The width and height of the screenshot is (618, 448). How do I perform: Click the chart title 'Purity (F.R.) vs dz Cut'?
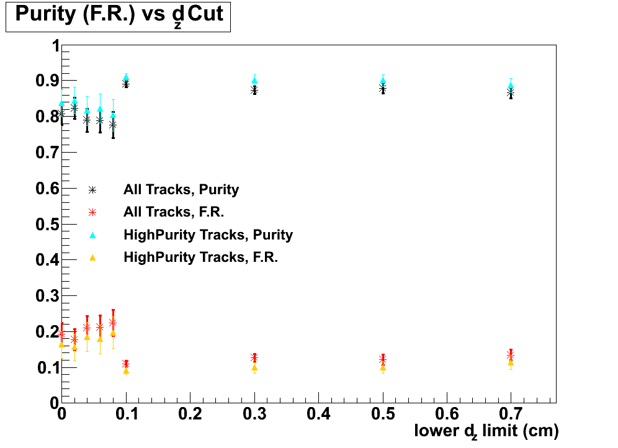click(x=119, y=16)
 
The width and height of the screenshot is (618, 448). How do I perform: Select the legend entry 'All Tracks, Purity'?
click(x=181, y=189)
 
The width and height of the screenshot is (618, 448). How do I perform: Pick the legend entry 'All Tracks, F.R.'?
click(x=173, y=212)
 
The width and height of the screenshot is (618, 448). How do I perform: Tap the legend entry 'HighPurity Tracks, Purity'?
click(x=208, y=235)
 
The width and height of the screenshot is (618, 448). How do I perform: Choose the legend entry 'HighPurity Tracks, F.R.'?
click(x=200, y=257)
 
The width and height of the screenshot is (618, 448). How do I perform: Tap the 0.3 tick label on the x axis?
click(x=254, y=412)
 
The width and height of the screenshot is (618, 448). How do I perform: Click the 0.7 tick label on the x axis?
click(x=511, y=412)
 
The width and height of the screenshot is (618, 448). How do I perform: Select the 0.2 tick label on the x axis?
click(x=190, y=412)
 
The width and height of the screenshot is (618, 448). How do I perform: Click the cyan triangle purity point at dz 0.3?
click(x=254, y=80)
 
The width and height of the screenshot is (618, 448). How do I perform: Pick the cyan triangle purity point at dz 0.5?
click(x=383, y=80)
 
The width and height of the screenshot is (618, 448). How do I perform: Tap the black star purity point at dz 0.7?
click(x=511, y=93)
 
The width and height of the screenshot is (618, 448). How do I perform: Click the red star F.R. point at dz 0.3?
click(x=254, y=357)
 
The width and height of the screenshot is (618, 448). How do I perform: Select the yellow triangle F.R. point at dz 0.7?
click(x=511, y=362)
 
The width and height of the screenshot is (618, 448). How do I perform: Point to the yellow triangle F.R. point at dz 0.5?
click(x=383, y=367)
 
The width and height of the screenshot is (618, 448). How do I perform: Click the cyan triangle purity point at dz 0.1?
click(x=126, y=78)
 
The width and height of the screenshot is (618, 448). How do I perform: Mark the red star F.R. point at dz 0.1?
click(x=126, y=364)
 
